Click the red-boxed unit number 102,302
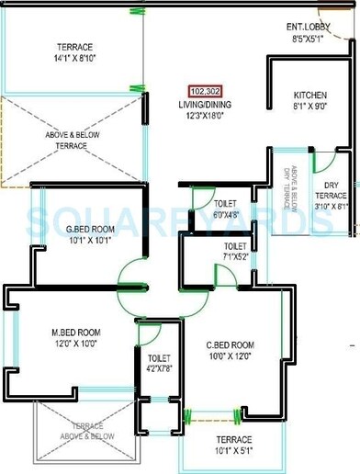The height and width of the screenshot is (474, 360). [x=204, y=91]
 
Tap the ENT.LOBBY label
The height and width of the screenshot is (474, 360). [x=314, y=28]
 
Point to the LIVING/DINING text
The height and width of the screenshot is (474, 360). [x=204, y=104]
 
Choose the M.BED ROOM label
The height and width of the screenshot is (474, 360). [x=76, y=333]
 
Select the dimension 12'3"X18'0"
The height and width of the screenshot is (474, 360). [x=204, y=115]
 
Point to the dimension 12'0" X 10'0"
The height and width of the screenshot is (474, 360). [x=76, y=344]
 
